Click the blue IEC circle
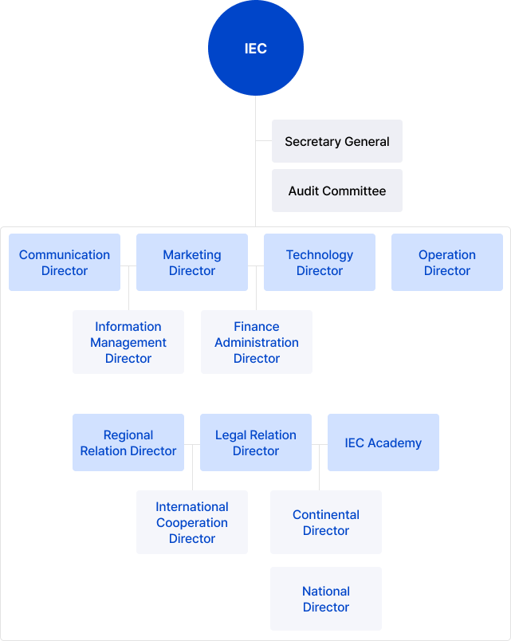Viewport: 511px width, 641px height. [256, 49]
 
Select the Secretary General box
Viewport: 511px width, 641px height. [337, 142]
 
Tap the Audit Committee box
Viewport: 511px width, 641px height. [337, 191]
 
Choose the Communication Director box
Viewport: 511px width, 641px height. [65, 262]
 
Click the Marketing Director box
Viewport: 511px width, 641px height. [192, 262]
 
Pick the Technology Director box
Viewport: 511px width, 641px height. [320, 262]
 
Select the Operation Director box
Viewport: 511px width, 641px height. [447, 262]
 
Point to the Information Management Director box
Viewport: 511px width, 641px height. [128, 342]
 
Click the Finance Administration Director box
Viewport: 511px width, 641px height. [257, 342]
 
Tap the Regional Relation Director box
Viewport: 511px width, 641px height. [128, 442]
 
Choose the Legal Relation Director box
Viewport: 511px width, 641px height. [256, 442]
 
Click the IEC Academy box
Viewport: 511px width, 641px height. [383, 442]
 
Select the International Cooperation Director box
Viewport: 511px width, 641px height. [192, 522]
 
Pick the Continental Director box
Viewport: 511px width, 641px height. [326, 522]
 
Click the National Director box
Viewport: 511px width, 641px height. [326, 599]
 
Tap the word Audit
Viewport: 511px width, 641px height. [304, 191]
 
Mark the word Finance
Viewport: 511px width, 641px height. [257, 327]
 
